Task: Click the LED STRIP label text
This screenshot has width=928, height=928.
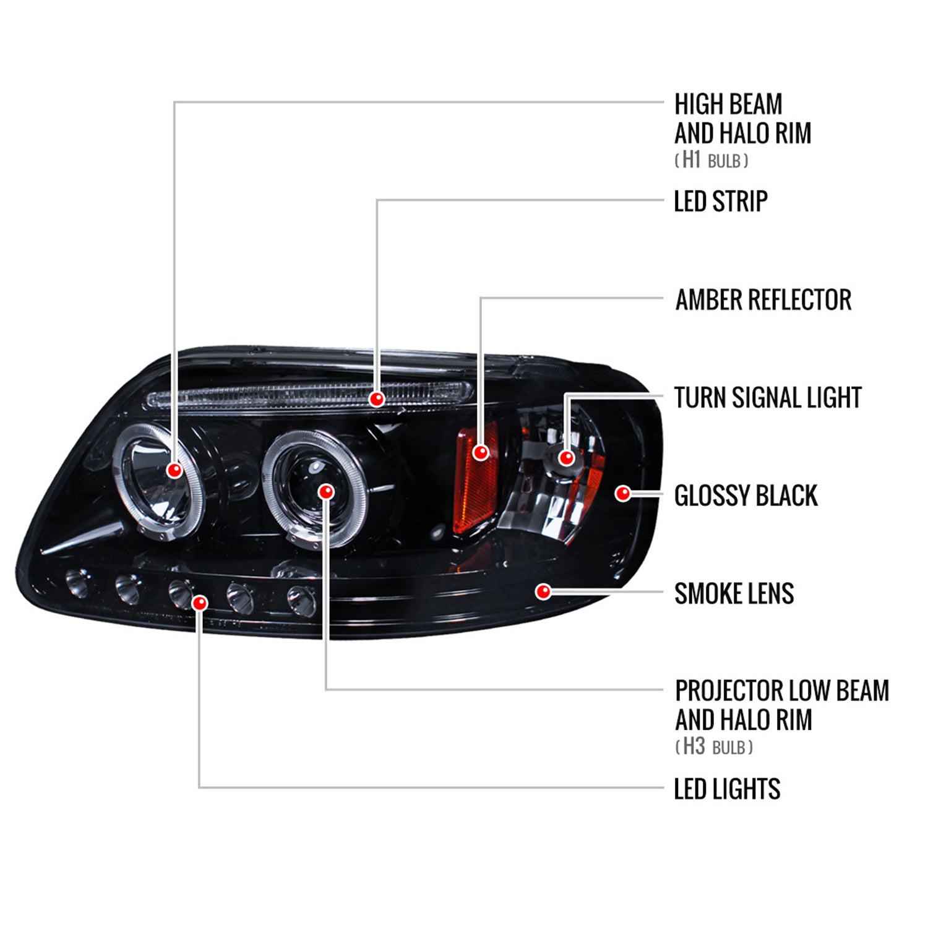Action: (x=720, y=202)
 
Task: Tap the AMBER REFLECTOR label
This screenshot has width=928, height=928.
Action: (x=763, y=300)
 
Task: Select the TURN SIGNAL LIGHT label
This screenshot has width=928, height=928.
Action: (x=767, y=398)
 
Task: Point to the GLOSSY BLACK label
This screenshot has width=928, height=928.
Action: (x=745, y=496)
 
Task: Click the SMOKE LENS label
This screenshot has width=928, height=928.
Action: (x=734, y=594)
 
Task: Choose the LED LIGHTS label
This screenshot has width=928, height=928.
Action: (x=727, y=789)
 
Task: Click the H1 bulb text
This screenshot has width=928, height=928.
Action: (x=711, y=160)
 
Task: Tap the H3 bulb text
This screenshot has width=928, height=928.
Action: (x=714, y=747)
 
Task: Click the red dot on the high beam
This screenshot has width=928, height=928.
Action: (x=175, y=470)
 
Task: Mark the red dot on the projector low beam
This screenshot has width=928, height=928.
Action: (x=326, y=492)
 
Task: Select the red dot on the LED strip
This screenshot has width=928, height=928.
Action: (x=376, y=399)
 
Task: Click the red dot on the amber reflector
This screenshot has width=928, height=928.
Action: (x=481, y=452)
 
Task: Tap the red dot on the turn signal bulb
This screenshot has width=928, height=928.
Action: (x=566, y=458)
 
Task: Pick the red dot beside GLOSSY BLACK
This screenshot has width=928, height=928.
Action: (x=623, y=493)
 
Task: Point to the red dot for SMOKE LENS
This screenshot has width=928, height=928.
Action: (x=543, y=592)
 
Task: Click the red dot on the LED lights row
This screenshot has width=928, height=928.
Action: (x=200, y=603)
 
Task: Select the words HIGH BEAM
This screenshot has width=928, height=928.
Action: (x=728, y=105)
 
